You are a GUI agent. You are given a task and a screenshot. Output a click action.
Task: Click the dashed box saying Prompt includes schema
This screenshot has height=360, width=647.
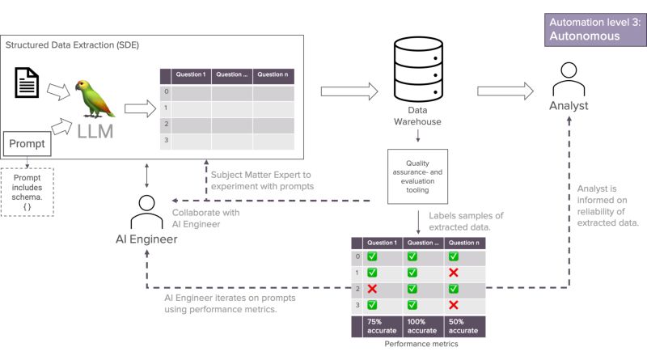(x=28, y=192)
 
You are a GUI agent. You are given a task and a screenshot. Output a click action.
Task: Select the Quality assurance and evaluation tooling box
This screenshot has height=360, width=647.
(x=417, y=176)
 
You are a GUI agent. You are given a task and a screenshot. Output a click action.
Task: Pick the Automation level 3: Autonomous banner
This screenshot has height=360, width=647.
(x=594, y=30)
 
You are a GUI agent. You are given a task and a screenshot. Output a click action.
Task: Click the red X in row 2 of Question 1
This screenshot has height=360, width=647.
(x=372, y=288)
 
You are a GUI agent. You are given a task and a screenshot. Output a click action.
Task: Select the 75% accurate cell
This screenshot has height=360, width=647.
(x=372, y=325)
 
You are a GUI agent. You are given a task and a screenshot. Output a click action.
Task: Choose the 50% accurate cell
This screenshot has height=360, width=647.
(x=463, y=325)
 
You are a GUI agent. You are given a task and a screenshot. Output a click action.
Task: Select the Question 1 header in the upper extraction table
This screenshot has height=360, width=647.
(x=191, y=74)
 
